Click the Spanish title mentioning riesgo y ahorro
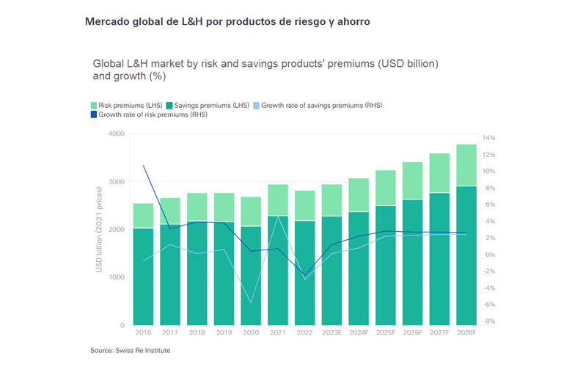point(227,22)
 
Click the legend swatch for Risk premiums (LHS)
point(94,106)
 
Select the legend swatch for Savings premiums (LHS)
point(170,106)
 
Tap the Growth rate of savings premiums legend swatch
point(255,106)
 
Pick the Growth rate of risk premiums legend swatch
point(94,115)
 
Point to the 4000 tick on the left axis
point(116,134)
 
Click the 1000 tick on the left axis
point(116,277)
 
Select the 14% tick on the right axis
point(489,138)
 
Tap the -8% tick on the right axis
point(489,321)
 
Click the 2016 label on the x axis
point(143,332)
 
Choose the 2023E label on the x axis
point(331,332)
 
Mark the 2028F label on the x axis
point(466,332)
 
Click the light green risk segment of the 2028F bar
point(466,165)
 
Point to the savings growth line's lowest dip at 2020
point(251,302)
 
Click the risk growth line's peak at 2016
point(143,166)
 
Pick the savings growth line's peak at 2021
point(278,217)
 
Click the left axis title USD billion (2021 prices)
point(99,230)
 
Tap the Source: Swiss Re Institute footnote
point(130,351)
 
